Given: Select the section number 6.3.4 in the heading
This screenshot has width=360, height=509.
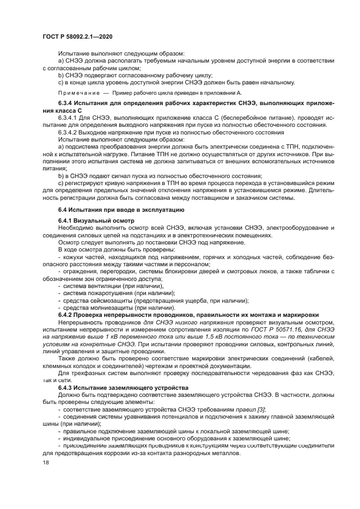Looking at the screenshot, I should pos(67,103).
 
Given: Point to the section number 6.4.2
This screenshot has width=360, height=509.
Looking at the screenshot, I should pos(67,315).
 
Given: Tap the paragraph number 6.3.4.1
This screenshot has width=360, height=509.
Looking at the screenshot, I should pos(70,118).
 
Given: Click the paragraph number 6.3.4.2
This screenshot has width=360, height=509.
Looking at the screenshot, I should pos(70,132).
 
